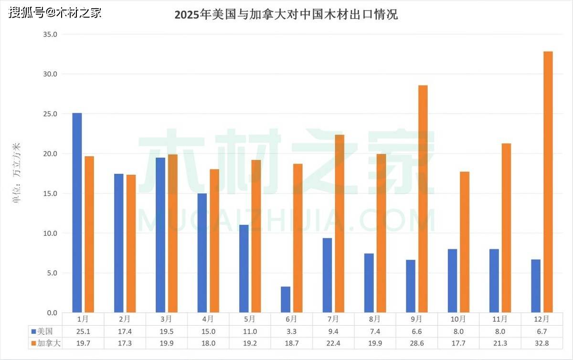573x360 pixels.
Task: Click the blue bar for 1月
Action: point(77,213)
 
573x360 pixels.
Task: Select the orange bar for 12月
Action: point(548,182)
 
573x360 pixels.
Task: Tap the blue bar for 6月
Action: point(286,299)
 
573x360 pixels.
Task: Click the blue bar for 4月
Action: point(202,253)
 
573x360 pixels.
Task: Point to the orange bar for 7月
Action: point(340,223)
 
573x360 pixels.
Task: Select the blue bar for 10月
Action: point(452,281)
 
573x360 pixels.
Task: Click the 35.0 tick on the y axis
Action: point(50,34)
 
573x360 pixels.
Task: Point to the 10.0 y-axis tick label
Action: point(50,233)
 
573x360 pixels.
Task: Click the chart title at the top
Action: point(286,14)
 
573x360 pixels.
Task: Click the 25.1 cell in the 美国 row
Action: point(83,331)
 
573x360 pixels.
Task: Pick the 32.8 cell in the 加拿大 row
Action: point(541,342)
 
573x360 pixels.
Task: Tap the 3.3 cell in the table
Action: point(291,331)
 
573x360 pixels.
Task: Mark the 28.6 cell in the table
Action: point(416,342)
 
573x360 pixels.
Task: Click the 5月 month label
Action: point(249,318)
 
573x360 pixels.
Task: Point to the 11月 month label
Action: point(499,318)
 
